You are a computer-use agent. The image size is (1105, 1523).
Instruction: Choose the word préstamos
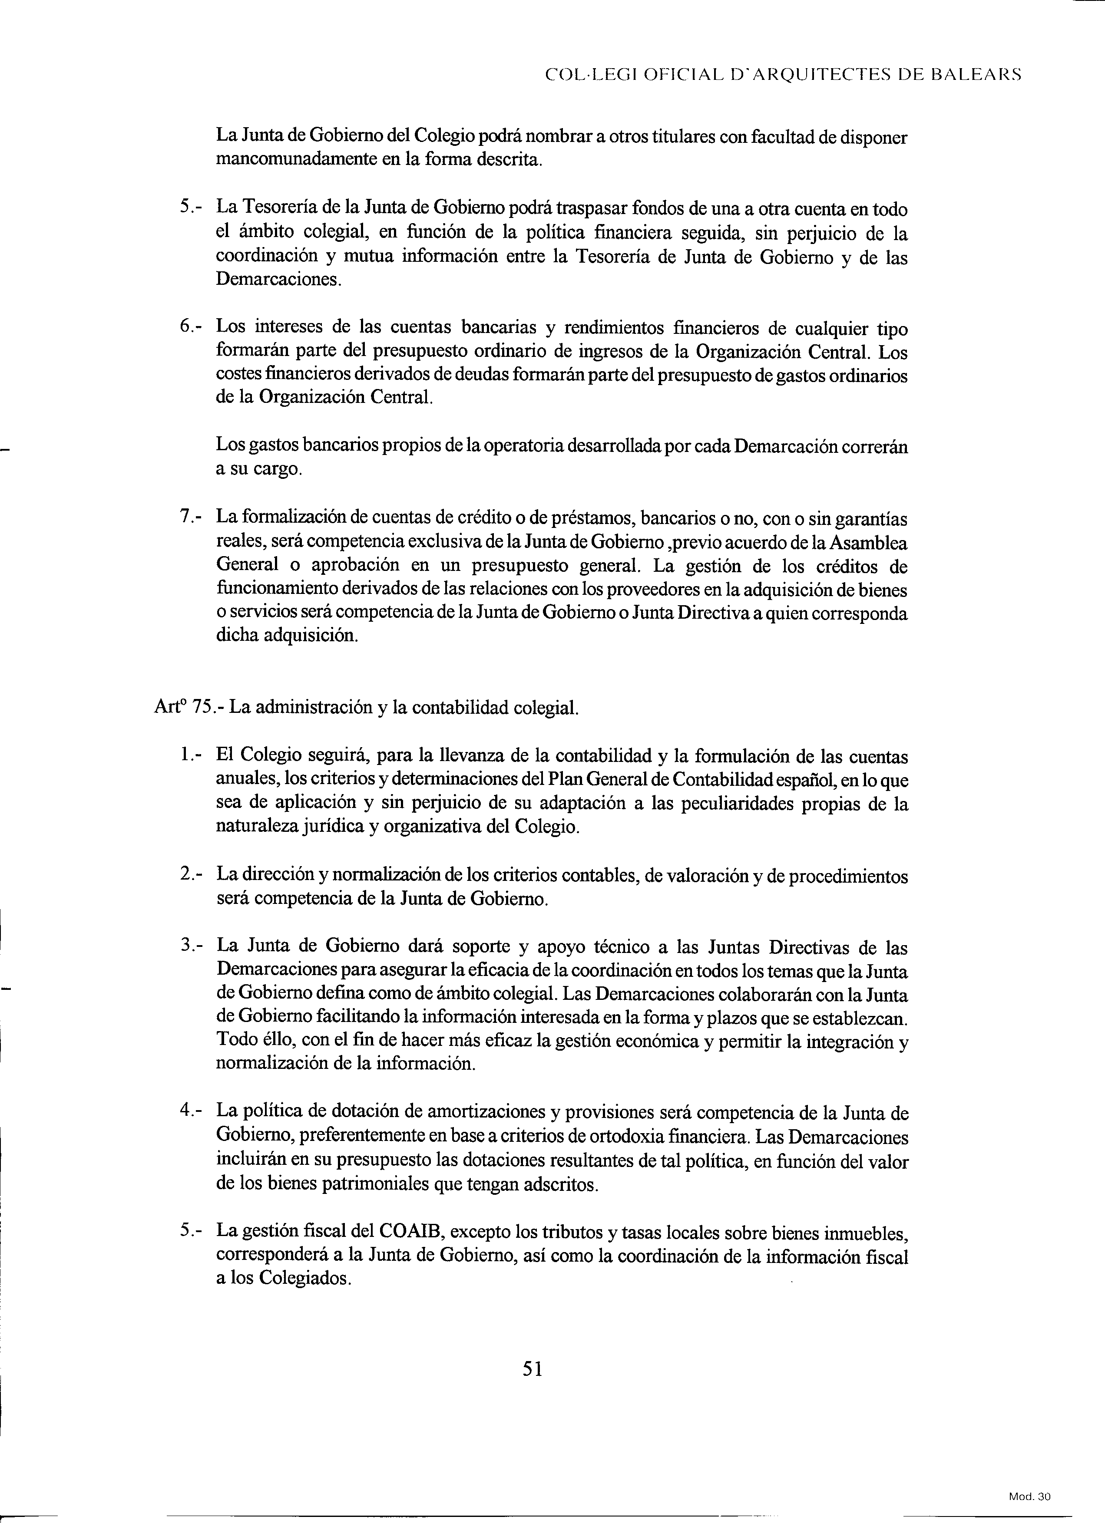[592, 518]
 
